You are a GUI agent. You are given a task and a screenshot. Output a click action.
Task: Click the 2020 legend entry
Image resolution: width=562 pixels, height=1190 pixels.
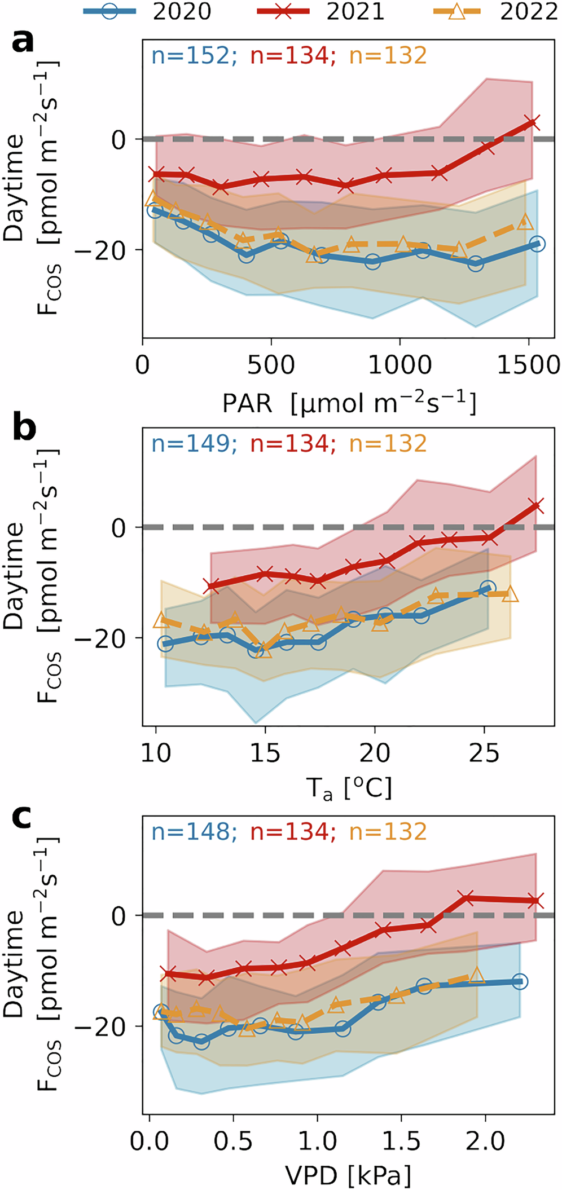[147, 12]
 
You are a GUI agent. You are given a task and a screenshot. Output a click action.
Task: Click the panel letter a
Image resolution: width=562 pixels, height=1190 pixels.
[23, 42]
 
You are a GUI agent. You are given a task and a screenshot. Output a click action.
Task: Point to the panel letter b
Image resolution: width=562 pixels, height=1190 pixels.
[24, 429]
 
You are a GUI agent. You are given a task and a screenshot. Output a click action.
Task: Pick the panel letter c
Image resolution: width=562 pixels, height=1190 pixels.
[22, 817]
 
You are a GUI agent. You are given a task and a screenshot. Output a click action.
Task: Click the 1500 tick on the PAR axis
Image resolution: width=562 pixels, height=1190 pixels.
[528, 365]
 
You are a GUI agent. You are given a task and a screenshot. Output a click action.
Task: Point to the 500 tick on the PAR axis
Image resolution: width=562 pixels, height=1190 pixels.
[271, 365]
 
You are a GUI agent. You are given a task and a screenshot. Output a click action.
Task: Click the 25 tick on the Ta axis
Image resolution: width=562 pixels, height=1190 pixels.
[484, 753]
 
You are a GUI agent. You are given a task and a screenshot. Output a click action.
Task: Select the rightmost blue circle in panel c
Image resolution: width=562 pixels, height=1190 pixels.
[519, 982]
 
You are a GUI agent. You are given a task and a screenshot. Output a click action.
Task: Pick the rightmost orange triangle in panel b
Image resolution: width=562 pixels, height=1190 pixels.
[510, 594]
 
